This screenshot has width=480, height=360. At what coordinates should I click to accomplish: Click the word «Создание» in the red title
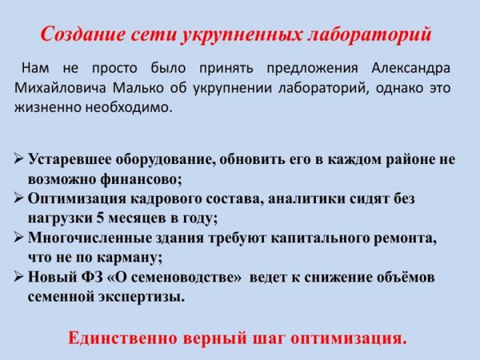[82, 34]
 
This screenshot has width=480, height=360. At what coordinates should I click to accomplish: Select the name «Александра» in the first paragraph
[411, 68]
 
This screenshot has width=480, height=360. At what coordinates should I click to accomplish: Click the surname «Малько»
[138, 88]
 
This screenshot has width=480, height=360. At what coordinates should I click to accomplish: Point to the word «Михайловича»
[60, 88]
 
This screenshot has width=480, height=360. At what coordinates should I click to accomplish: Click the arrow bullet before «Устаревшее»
[19, 159]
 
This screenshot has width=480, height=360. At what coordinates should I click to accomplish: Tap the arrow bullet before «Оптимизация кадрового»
[19, 198]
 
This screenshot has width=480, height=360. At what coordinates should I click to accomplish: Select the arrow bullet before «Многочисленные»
[19, 238]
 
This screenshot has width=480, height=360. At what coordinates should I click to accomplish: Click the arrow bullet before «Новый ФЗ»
[19, 277]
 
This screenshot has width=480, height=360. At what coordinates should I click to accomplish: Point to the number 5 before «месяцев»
[100, 218]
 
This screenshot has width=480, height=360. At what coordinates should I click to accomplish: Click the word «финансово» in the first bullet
[139, 179]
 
